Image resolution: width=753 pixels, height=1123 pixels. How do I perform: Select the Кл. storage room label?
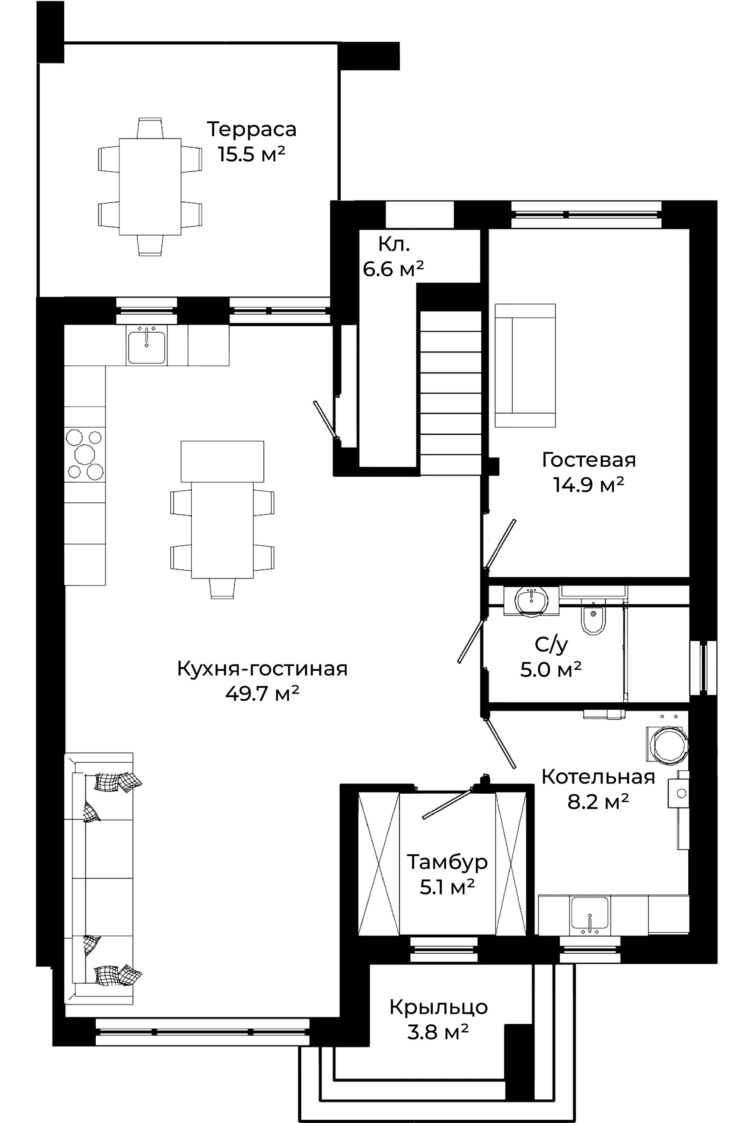coord(394,245)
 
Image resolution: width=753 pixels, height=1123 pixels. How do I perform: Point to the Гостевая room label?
coord(589,460)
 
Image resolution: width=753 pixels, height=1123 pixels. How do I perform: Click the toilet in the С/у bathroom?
coord(593,620)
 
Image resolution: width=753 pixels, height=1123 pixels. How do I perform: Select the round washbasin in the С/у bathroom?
coord(532,600)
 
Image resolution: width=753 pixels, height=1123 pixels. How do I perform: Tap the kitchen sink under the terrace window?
coord(146,345)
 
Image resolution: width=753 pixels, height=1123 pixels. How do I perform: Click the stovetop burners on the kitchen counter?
coord(85,454)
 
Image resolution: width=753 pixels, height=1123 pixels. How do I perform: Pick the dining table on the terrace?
coord(150,186)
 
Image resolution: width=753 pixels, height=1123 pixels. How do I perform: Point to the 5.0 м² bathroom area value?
coord(551,669)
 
